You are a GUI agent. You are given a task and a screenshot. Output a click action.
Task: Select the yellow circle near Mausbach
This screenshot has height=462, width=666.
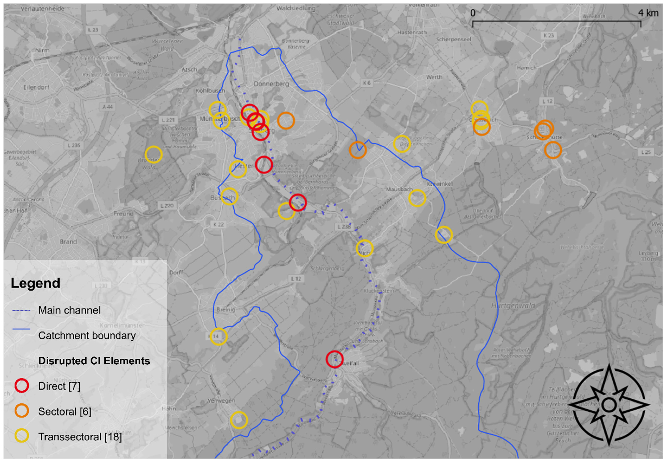click(x=417, y=198)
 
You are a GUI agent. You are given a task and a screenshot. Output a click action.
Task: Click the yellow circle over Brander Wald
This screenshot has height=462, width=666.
click(x=153, y=155)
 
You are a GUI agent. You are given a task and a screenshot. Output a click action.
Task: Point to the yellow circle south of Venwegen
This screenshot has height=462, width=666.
click(x=239, y=420)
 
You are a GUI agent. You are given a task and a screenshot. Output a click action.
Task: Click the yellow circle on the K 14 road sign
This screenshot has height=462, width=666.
click(x=218, y=336)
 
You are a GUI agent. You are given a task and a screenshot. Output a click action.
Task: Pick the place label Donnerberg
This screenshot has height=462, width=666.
click(x=271, y=84)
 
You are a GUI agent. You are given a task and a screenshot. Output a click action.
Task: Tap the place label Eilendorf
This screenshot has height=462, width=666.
click(x=36, y=87)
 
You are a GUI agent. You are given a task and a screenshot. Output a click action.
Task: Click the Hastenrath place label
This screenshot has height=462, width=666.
click(x=412, y=32)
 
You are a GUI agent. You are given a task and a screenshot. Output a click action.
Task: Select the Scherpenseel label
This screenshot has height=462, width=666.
click(x=453, y=39)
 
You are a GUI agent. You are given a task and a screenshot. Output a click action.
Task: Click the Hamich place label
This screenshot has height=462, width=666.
click(x=526, y=68)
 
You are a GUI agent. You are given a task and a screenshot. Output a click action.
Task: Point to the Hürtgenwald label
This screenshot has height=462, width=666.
click(x=513, y=305)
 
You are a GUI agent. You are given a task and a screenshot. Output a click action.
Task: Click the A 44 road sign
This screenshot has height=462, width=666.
click(x=108, y=107)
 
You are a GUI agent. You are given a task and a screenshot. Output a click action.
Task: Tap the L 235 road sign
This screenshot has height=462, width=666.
click(x=74, y=145)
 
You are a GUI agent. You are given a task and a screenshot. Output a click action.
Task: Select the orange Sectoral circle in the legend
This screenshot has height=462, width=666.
click(x=22, y=411)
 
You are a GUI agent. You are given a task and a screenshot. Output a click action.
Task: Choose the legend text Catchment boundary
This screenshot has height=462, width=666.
click(x=87, y=335)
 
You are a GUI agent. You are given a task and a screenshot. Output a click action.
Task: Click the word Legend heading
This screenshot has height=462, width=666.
click(x=35, y=283)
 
